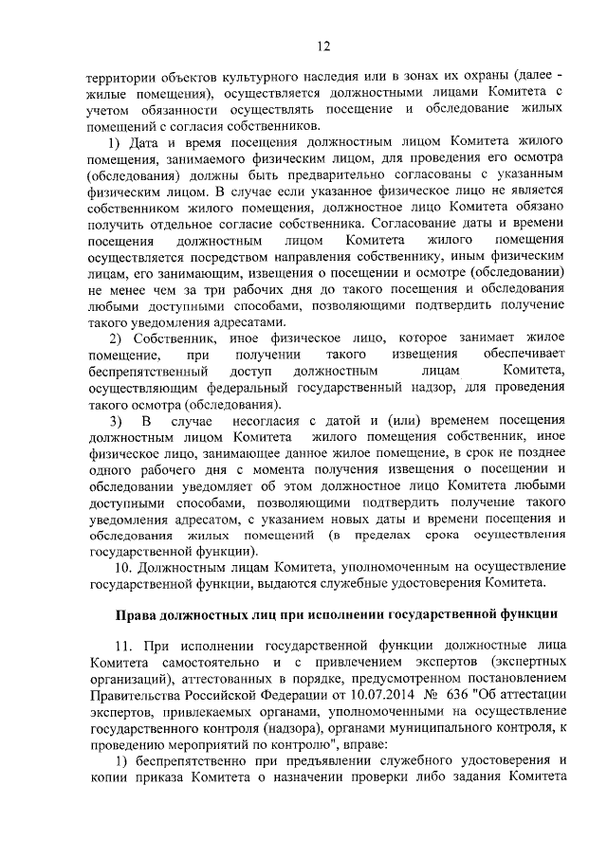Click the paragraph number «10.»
(x=124, y=565)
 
